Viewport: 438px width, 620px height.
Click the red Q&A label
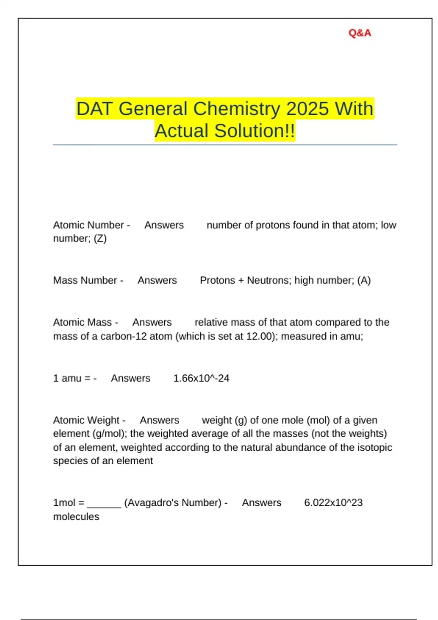click(360, 33)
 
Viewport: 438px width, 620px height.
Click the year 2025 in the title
click(307, 109)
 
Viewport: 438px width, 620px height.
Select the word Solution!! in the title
click(254, 131)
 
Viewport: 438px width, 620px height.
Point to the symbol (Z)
click(100, 239)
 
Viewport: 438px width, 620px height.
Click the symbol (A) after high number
click(364, 280)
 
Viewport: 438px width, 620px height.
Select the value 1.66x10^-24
click(201, 378)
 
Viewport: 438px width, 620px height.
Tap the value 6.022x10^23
click(333, 503)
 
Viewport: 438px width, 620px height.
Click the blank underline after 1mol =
click(104, 504)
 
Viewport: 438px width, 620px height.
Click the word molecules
click(76, 517)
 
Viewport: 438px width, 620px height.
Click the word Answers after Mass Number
click(157, 280)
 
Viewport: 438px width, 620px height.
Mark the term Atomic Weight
click(86, 420)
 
